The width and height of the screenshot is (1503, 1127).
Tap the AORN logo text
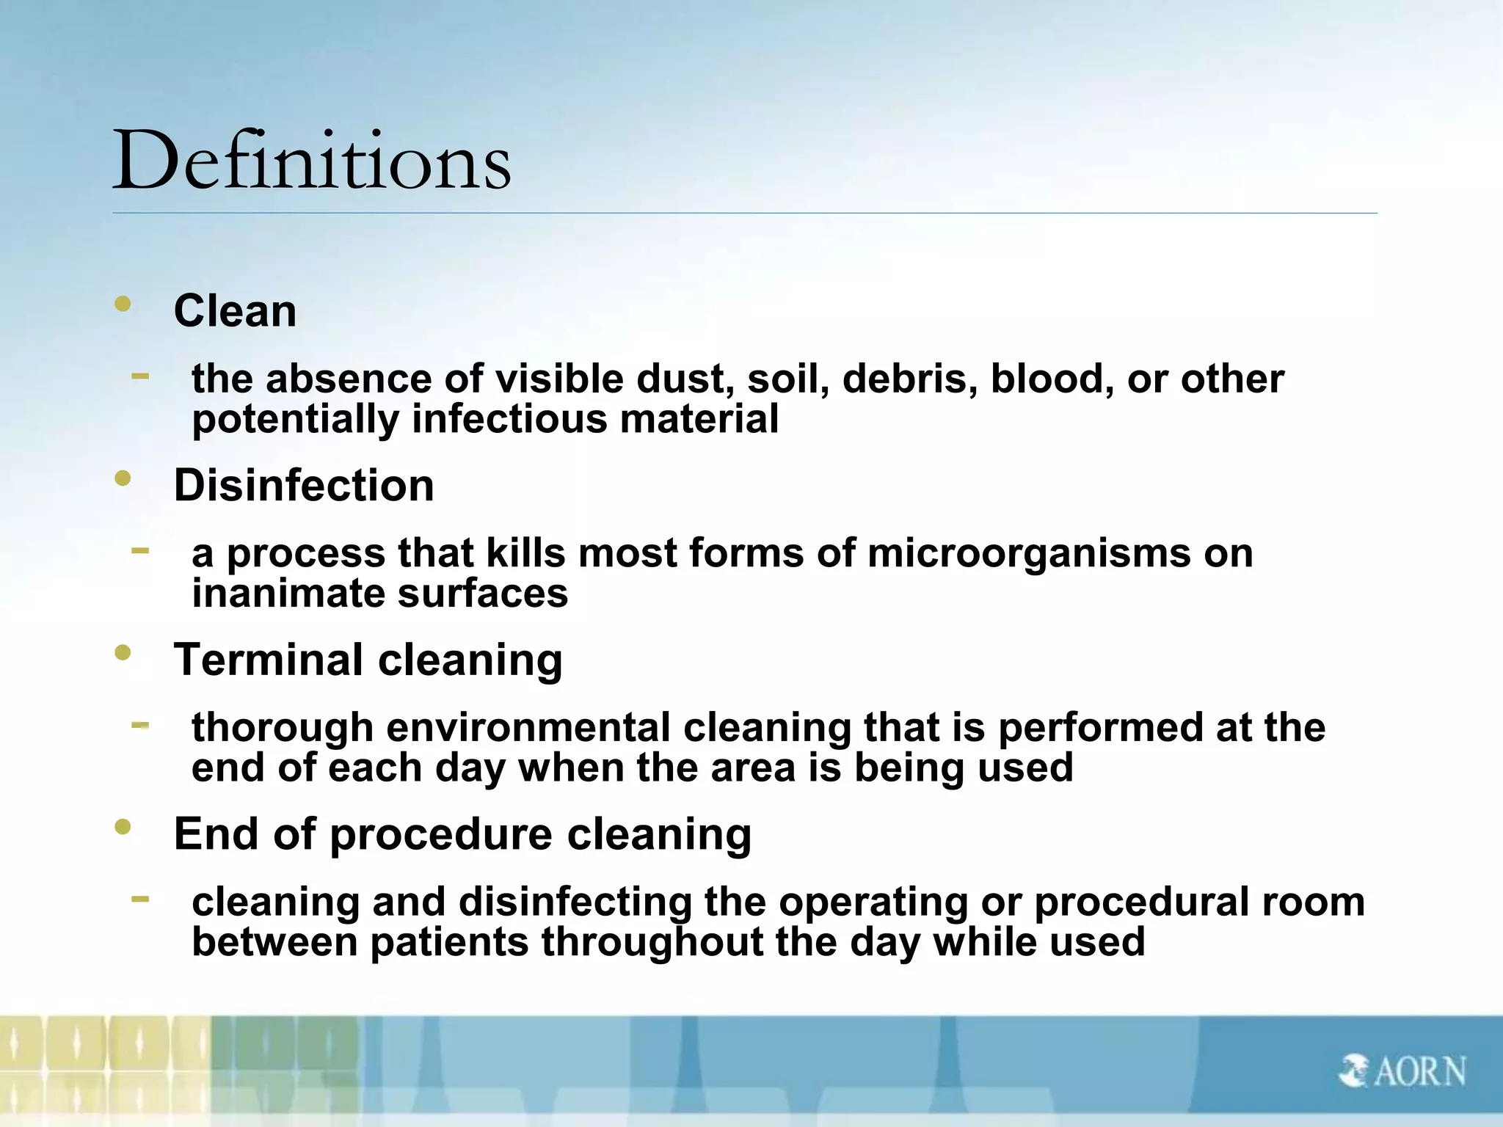pyautogui.click(x=1419, y=1072)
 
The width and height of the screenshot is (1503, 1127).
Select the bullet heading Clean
pyautogui.click(x=235, y=311)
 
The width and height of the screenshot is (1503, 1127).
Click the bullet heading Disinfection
pyautogui.click(x=304, y=486)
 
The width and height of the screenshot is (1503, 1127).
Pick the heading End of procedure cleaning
pyautogui.click(x=462, y=834)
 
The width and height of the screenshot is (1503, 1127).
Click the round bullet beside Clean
pyautogui.click(x=123, y=304)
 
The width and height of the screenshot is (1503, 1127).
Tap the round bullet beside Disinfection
pyautogui.click(x=123, y=478)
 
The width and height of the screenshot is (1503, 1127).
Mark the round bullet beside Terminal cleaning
pyautogui.click(x=123, y=652)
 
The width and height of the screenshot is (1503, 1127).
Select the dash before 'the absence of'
pyautogui.click(x=140, y=376)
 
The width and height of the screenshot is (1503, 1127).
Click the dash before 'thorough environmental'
pyautogui.click(x=140, y=725)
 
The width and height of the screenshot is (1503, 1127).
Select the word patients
pyautogui.click(x=449, y=942)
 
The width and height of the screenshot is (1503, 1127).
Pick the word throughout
pyautogui.click(x=652, y=943)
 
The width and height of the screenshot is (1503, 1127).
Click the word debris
pyautogui.click(x=909, y=379)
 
